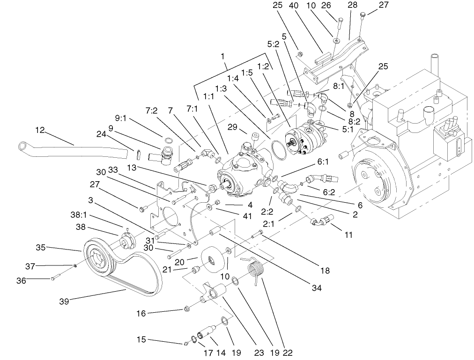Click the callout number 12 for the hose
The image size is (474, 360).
[x=40, y=130]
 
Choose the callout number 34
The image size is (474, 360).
[x=317, y=288]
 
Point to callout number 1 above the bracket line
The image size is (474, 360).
[x=223, y=55]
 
